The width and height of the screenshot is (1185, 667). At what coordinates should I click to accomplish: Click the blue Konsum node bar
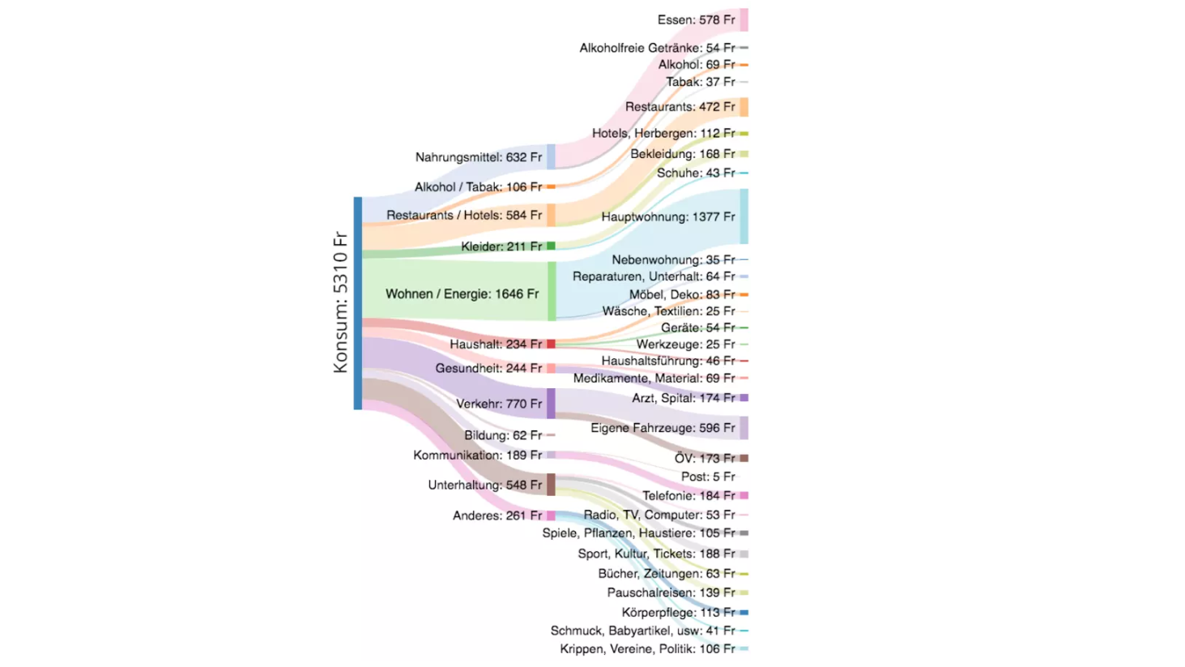(358, 303)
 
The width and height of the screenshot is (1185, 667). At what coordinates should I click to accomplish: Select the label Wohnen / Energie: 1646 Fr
(462, 294)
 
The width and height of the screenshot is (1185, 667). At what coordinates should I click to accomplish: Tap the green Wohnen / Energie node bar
(552, 291)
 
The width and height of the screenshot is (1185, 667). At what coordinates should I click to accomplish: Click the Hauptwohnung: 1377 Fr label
(667, 217)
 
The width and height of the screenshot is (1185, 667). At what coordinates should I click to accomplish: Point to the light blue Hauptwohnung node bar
(744, 216)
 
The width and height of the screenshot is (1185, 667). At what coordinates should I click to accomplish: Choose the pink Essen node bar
(744, 19)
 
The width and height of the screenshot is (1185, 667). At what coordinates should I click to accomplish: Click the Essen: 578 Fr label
(696, 20)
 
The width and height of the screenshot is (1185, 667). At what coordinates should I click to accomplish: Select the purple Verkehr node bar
(551, 404)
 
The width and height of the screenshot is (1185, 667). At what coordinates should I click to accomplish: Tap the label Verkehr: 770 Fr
(498, 404)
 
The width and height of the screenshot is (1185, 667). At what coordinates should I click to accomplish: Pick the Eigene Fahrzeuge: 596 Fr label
(663, 428)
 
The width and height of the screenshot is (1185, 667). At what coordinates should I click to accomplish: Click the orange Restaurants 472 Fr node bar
(744, 107)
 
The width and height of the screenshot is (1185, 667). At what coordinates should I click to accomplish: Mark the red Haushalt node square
(551, 344)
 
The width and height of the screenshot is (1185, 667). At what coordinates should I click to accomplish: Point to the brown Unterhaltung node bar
(551, 485)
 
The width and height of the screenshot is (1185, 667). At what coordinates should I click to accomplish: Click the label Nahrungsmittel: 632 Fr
(478, 157)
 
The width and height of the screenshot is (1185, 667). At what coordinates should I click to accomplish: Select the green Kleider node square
(551, 246)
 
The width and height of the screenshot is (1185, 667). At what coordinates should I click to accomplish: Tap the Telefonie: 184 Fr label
(688, 496)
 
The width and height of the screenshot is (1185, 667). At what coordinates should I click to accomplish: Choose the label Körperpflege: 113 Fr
(678, 613)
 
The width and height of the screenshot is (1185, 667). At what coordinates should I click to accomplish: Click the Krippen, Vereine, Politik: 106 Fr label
(647, 649)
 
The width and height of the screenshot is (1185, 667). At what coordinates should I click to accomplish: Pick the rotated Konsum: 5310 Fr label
(340, 302)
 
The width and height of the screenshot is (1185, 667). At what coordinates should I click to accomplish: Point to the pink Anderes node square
(551, 515)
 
